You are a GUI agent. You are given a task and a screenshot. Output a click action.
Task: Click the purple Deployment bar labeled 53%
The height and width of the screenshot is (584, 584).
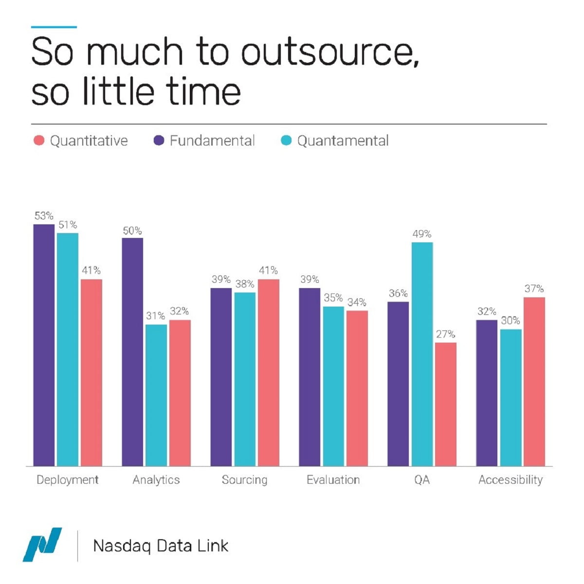point(44,345)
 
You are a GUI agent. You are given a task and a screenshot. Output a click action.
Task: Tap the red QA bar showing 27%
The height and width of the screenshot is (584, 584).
point(446,404)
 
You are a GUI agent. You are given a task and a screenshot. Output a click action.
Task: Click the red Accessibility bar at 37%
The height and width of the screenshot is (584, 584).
point(534,382)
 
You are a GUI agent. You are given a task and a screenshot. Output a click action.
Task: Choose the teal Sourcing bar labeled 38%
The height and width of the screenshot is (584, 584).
point(245,379)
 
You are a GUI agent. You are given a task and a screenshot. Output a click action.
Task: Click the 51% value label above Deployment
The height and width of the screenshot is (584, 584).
point(68,225)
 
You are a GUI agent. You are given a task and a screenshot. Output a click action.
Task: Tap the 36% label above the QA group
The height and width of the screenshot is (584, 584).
point(398,293)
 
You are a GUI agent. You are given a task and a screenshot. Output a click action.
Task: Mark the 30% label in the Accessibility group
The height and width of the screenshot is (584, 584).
point(511,321)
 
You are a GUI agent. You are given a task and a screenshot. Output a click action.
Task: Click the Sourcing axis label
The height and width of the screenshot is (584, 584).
point(244,480)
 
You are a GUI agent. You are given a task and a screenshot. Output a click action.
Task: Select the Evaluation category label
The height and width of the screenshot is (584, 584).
point(333,480)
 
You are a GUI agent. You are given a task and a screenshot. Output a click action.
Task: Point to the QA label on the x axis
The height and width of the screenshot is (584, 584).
point(422,480)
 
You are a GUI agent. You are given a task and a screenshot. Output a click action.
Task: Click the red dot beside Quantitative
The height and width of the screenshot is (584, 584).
point(39,141)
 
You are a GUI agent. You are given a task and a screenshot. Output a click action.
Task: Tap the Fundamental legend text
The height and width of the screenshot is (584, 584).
point(212,141)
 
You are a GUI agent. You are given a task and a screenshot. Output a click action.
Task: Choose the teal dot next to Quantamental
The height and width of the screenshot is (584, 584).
point(286,141)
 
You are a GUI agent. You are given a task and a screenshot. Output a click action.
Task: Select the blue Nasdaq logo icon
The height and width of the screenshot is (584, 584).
point(43,544)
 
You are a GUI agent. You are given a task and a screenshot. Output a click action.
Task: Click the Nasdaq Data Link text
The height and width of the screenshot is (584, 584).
point(161,546)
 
